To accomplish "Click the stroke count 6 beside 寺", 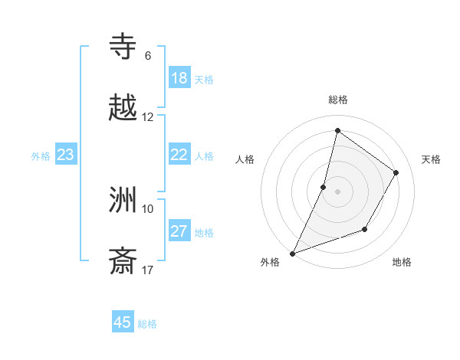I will click(x=147, y=56).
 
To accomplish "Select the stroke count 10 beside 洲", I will click(x=148, y=208).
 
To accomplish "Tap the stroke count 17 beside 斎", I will click(x=148, y=270).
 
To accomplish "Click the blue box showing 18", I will click(x=179, y=78).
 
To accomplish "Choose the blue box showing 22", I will click(x=179, y=155).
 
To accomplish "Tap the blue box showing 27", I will click(x=179, y=231).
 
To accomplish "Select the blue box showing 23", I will click(x=65, y=155).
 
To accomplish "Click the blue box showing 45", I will click(x=123, y=322).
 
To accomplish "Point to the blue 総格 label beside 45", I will click(x=147, y=324).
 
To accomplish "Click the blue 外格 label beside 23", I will click(x=41, y=156).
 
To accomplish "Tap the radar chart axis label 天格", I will click(x=431, y=159).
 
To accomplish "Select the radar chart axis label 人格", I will click(x=245, y=159).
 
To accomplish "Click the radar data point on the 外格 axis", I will click(x=292, y=253).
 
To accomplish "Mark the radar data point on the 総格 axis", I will click(x=337, y=130).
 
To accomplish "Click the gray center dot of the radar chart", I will click(x=337, y=191).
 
